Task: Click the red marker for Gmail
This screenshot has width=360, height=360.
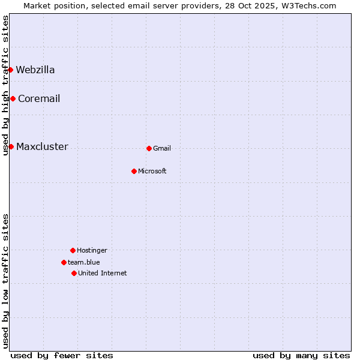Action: [149, 148]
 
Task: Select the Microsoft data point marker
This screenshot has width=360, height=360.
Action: [134, 171]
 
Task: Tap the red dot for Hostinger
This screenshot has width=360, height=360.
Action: [73, 250]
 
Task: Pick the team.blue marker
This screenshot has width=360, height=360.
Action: [64, 262]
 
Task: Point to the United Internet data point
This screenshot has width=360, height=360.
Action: [74, 273]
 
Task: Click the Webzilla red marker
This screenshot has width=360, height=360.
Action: [11, 70]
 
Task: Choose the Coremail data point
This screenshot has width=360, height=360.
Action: [13, 98]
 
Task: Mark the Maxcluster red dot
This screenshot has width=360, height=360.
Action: [11, 146]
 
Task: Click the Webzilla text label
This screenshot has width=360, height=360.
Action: [35, 70]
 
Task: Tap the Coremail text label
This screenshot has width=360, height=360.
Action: [39, 98]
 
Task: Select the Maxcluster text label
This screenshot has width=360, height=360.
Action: [42, 146]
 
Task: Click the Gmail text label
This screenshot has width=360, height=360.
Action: [162, 148]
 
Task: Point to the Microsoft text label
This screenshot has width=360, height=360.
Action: [152, 171]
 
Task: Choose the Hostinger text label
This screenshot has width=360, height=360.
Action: [92, 250]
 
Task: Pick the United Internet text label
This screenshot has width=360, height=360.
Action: [103, 273]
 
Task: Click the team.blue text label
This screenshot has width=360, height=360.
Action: [84, 262]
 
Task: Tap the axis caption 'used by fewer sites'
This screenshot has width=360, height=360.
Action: [62, 355]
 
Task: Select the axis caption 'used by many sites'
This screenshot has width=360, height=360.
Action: [301, 355]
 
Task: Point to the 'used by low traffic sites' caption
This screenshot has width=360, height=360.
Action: [5, 281]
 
